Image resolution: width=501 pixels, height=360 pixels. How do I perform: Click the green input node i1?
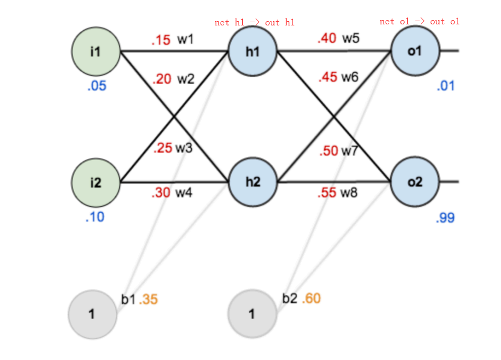96,51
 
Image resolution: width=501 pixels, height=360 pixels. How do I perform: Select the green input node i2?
96,183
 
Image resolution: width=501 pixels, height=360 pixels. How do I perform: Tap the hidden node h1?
253,51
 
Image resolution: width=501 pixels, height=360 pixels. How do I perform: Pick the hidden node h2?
253,182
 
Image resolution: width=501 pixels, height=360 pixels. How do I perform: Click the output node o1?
415,51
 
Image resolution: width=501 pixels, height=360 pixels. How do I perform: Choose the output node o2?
415,182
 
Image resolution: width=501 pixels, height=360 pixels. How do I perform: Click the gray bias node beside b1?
93,314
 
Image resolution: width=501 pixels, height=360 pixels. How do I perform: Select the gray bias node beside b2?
252,313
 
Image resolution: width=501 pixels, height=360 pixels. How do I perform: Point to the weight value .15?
161,40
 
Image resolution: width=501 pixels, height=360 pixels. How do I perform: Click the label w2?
186,79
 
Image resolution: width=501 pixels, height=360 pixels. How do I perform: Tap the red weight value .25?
162,148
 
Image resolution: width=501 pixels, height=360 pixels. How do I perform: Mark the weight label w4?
184,193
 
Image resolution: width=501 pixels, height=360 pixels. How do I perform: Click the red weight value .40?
327,38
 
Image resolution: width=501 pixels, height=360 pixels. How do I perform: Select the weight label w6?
350,77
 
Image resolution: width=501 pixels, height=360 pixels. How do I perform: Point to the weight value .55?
327,193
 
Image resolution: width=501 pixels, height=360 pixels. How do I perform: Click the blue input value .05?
97,86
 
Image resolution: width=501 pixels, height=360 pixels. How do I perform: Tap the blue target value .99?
445,218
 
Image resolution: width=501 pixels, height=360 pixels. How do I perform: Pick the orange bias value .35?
149,300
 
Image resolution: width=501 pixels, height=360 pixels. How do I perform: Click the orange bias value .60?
311,299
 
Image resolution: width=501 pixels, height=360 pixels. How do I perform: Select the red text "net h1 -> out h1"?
254,22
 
